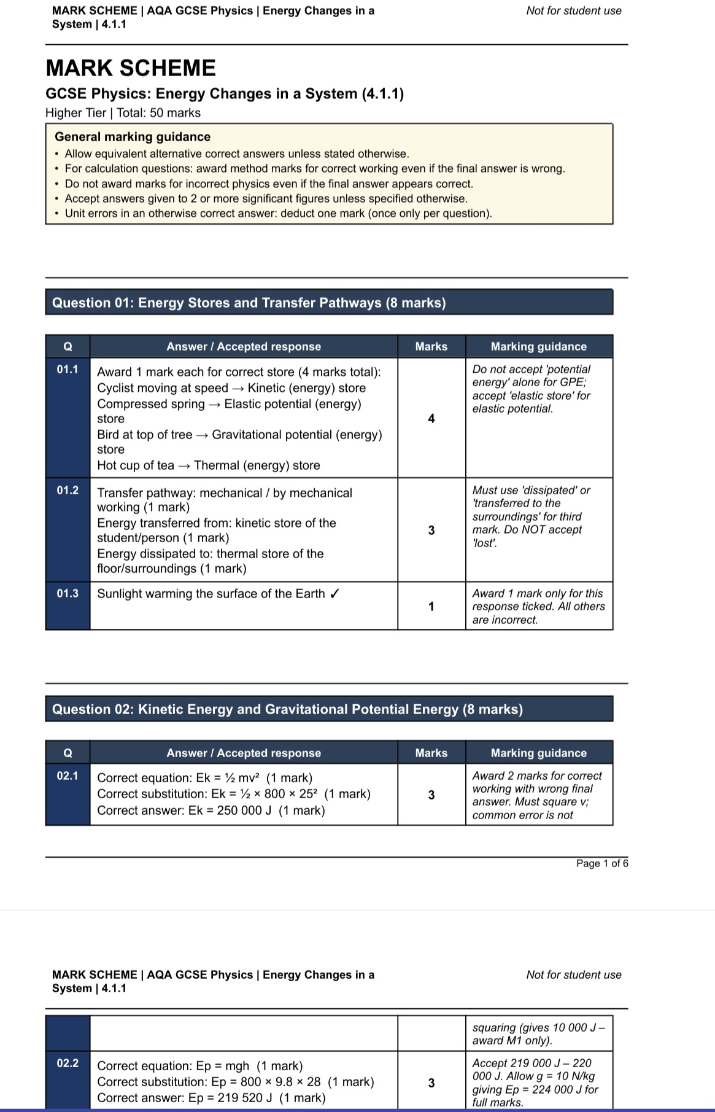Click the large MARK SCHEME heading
(x=131, y=68)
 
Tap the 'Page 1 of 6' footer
(x=601, y=863)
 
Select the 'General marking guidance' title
(x=133, y=137)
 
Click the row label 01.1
(x=68, y=370)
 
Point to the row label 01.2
(x=68, y=490)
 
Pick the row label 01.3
(x=68, y=593)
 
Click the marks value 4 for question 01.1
(x=431, y=419)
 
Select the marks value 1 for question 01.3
(x=431, y=607)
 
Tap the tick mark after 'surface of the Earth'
(x=335, y=594)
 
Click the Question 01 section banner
(x=329, y=303)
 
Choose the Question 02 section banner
(x=329, y=709)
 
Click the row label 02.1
(x=68, y=776)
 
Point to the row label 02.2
(x=68, y=1063)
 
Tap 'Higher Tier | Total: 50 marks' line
(x=123, y=113)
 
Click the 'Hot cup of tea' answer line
(x=209, y=465)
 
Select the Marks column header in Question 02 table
(x=431, y=753)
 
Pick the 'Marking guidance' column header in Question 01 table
(x=538, y=346)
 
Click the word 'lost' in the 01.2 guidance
(x=484, y=543)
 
